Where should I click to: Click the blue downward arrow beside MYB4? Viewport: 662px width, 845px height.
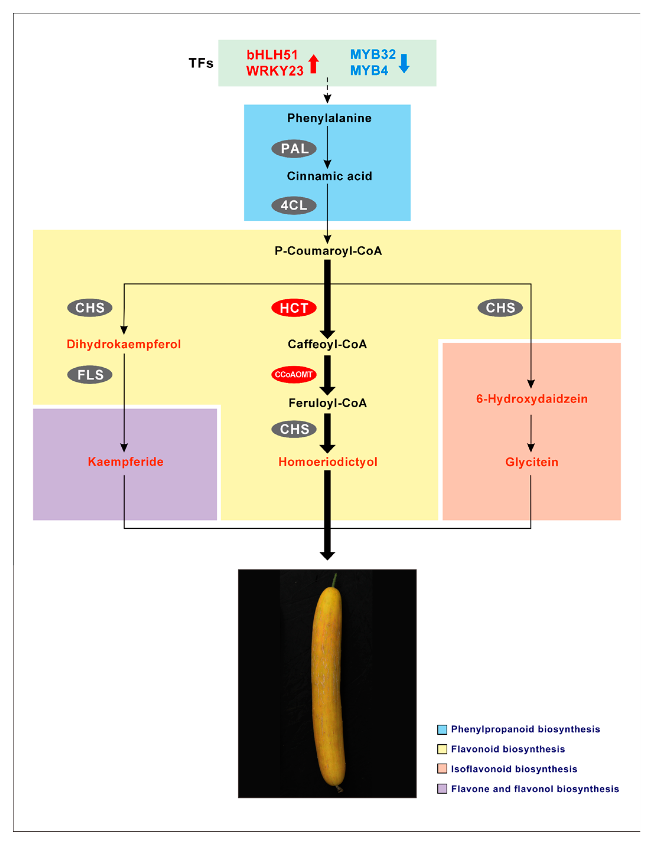tap(404, 63)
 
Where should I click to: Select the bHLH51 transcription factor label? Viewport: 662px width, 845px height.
tap(272, 55)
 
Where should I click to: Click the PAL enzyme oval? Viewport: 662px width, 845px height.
tap(294, 148)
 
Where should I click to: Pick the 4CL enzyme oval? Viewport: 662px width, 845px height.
tap(294, 205)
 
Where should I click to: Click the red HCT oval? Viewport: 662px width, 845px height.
tap(294, 308)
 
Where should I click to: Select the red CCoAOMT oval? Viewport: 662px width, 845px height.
tap(294, 374)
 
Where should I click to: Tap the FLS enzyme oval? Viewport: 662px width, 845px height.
tap(90, 374)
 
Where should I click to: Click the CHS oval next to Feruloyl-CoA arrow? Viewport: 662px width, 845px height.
tap(294, 429)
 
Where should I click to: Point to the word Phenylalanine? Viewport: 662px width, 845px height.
tap(329, 118)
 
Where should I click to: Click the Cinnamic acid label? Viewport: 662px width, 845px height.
tap(329, 176)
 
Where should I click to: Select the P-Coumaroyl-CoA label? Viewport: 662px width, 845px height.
tap(328, 251)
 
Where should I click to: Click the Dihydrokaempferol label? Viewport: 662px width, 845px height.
tap(124, 344)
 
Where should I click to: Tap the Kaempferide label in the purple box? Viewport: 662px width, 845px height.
tap(125, 462)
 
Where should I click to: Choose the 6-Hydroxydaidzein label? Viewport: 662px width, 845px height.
tap(531, 399)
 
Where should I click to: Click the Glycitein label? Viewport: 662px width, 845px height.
tap(531, 462)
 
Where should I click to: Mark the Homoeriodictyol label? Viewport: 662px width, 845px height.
tap(327, 462)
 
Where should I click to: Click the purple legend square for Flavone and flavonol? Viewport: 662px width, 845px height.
tap(442, 789)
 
